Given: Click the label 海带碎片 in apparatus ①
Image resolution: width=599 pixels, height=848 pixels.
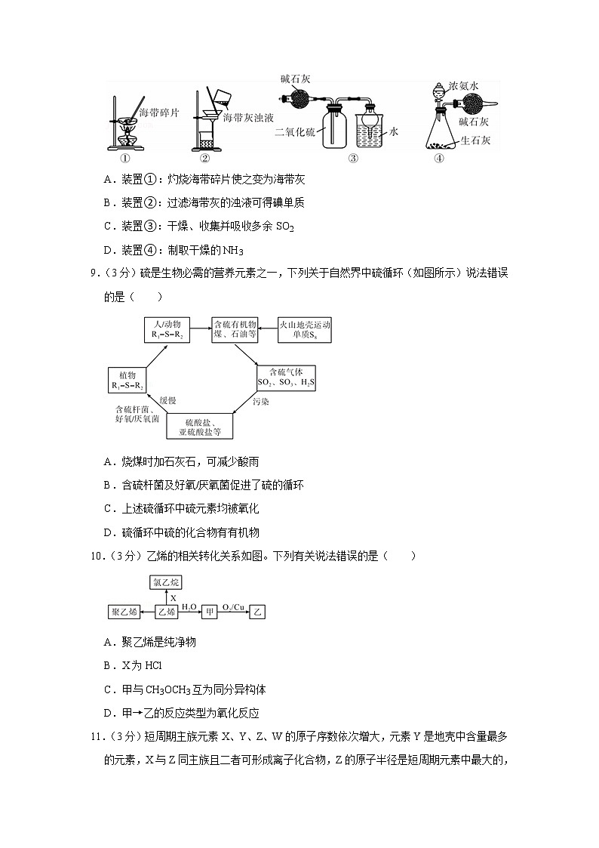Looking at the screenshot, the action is point(159,112).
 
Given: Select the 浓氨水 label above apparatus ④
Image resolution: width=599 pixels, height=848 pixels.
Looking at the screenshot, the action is point(464,87).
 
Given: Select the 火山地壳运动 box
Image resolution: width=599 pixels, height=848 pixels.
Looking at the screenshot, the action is point(306,328).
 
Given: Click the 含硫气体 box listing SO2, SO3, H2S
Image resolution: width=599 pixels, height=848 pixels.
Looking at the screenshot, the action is point(286,378).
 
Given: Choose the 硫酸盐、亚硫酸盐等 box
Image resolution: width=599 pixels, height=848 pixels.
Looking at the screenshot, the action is point(200,427).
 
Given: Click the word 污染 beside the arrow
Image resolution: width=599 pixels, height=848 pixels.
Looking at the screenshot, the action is point(260,402).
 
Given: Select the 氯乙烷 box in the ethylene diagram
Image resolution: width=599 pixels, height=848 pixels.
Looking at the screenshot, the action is point(166,582).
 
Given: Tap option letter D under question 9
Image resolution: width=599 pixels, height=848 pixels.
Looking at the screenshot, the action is point(109,532).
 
